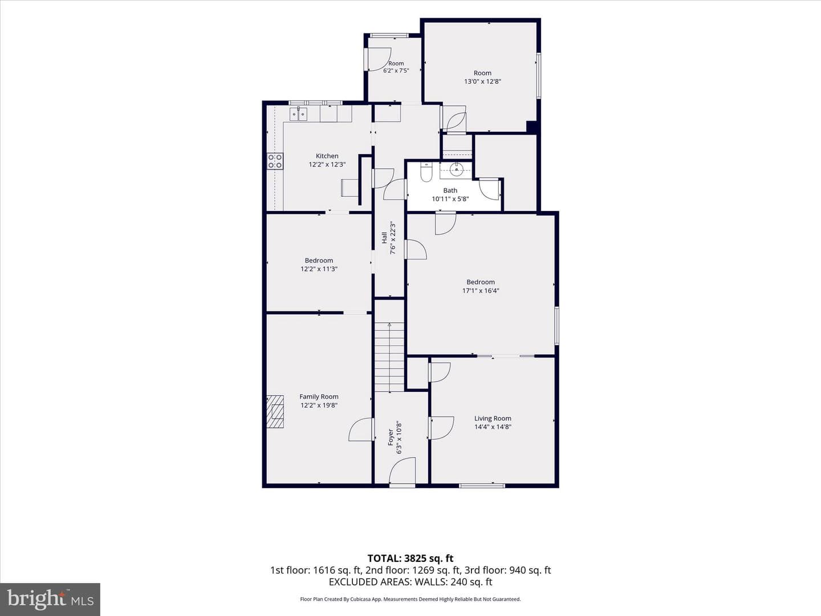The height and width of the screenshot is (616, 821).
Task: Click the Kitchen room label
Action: tap(327, 156)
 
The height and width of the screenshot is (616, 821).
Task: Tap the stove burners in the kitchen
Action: tap(275, 161)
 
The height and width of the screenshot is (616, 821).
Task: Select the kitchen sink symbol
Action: tap(299, 114)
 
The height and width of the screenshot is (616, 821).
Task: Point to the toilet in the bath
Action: tap(426, 172)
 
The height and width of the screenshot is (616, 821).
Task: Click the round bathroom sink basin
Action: tap(456, 169)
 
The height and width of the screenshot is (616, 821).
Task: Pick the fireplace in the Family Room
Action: tap(275, 411)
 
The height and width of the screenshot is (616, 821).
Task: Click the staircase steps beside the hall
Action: tap(389, 357)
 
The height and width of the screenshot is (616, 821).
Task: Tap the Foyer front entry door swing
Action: tap(402, 471)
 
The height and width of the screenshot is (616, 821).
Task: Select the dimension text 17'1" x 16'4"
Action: tap(481, 291)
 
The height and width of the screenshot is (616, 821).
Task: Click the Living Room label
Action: tap(493, 419)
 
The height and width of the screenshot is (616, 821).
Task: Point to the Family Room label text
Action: tap(319, 396)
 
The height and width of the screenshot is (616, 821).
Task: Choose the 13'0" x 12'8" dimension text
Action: tap(482, 81)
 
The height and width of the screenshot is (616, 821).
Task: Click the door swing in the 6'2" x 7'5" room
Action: tap(379, 59)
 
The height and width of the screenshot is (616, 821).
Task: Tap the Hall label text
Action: tap(384, 238)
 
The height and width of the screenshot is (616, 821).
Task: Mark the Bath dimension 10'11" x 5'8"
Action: tap(450, 199)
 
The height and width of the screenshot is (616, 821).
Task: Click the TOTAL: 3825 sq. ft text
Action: tap(410, 559)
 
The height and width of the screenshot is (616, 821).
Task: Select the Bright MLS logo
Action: tap(50, 599)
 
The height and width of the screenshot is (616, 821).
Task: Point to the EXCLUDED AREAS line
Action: tap(410, 582)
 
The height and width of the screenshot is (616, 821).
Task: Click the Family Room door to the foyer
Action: tap(361, 429)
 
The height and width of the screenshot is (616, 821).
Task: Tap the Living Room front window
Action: tap(482, 486)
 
